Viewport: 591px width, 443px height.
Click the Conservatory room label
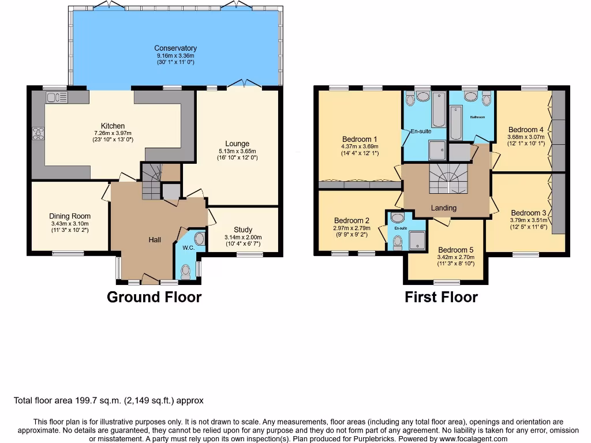[175, 48]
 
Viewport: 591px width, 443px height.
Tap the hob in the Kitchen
[38, 134]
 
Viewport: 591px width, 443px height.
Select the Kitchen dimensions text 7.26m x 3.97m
[113, 133]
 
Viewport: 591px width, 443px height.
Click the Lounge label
[237, 144]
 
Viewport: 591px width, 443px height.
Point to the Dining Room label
[70, 216]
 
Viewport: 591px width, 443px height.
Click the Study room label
[243, 230]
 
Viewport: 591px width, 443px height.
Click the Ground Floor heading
[154, 297]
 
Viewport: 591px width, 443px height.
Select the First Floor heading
[441, 297]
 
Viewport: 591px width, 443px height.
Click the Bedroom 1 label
[360, 139]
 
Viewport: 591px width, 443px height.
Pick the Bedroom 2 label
[351, 220]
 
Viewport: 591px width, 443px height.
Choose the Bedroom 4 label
[525, 130]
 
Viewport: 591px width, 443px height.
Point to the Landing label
[443, 208]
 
